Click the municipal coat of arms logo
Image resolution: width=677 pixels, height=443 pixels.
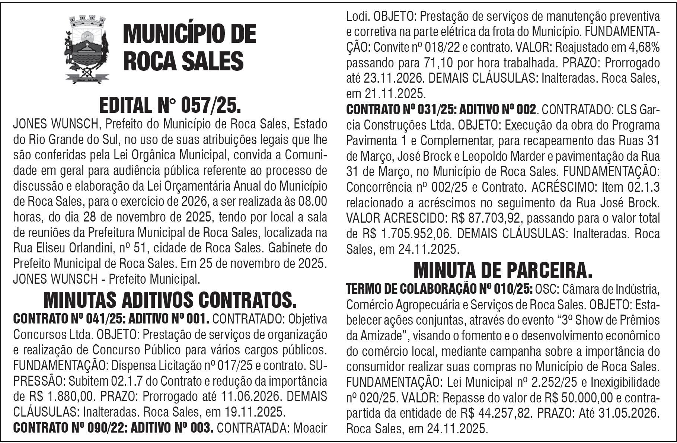point(86,49)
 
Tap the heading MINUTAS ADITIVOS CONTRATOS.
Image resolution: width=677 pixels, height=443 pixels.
point(170,300)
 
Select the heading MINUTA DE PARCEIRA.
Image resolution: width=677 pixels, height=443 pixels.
point(503,270)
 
